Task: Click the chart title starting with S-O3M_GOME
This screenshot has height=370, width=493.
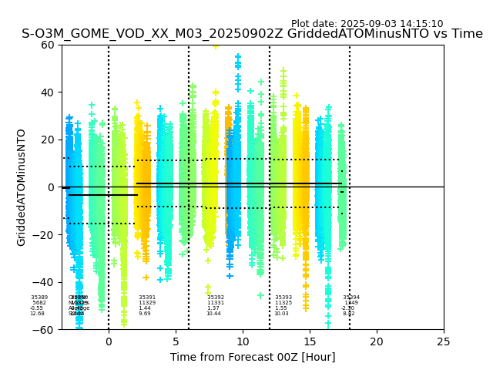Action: (252, 34)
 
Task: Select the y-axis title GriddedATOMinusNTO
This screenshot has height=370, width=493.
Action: (22, 187)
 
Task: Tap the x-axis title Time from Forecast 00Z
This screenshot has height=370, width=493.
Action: (253, 357)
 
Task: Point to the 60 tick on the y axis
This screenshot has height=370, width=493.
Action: (48, 45)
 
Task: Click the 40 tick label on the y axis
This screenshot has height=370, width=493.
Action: (48, 92)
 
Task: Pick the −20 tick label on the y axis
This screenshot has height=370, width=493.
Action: (45, 235)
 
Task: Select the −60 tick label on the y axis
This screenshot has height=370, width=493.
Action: (45, 330)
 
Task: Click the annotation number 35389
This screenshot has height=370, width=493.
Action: (39, 298)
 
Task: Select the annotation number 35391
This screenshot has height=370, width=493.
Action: (147, 298)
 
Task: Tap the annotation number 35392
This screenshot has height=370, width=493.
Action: (216, 298)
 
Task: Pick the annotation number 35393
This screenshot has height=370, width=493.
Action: (283, 298)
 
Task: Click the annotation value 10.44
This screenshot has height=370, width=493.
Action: (213, 314)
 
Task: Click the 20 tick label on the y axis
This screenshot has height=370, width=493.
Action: (48, 140)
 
